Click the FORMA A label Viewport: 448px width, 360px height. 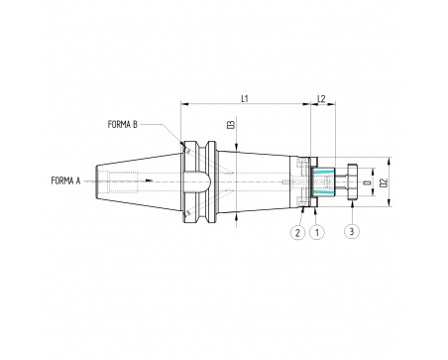tap(65, 180)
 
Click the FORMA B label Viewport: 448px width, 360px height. tap(122, 124)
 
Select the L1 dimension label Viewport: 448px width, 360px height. tap(245, 98)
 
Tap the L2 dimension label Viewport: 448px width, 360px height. tap(321, 98)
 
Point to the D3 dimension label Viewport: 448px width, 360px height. tap(232, 124)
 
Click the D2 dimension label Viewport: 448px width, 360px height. tap(384, 182)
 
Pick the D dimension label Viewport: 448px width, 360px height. tap(366, 182)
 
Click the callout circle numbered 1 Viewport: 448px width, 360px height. tap(317, 232)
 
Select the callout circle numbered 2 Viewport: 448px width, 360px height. tap(297, 232)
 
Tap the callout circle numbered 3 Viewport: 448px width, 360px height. tap(352, 231)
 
